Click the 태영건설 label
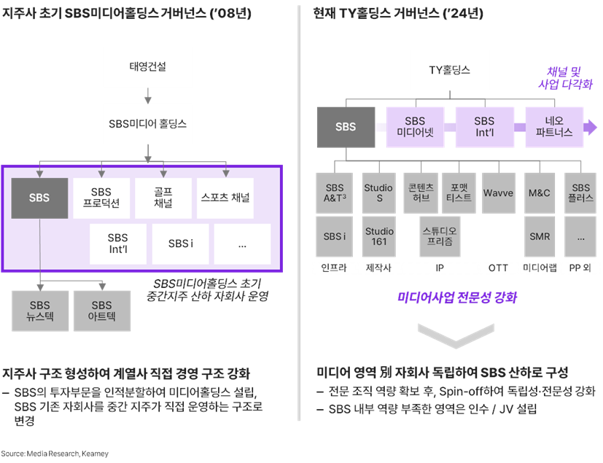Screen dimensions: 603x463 click(x=148, y=66)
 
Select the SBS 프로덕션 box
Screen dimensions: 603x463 click(x=101, y=198)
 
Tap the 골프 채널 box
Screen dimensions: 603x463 click(x=163, y=198)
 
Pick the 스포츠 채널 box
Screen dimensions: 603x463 click(x=225, y=198)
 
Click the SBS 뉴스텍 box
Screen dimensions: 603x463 click(x=40, y=311)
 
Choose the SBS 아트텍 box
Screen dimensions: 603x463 click(x=102, y=311)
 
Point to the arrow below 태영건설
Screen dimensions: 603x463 click(x=148, y=96)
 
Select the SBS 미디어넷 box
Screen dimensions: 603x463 click(x=416, y=128)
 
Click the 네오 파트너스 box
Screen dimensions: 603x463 click(x=554, y=128)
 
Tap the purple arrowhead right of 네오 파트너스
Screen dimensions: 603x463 click(x=591, y=128)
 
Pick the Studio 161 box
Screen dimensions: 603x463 click(x=379, y=236)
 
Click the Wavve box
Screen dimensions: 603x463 click(x=499, y=193)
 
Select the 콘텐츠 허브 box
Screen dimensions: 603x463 click(x=421, y=193)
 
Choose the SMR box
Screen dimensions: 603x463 click(x=540, y=236)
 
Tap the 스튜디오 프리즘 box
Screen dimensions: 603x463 click(x=440, y=236)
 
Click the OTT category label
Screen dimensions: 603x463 click(x=499, y=268)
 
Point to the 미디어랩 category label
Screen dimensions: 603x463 click(x=540, y=268)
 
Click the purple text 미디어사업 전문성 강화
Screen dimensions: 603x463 click(x=457, y=297)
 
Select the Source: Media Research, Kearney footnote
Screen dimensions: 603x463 click(x=55, y=454)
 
